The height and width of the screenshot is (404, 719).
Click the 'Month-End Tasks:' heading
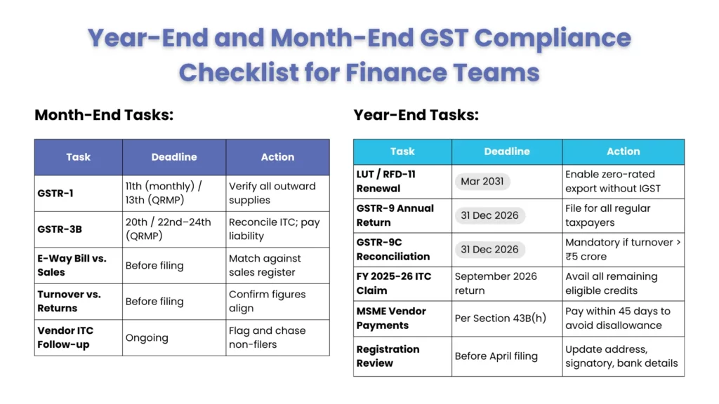pos(104,115)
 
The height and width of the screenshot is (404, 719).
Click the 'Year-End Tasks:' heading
pos(416,115)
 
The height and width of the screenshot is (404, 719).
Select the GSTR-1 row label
pos(55,193)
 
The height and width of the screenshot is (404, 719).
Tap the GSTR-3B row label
pos(60,229)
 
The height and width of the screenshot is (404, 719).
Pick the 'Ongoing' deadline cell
pos(147,337)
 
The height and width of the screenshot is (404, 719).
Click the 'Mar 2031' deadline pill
pos(482,181)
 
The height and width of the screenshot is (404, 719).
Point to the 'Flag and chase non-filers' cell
pos(267,337)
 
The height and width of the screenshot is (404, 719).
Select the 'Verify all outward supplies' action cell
pos(272,193)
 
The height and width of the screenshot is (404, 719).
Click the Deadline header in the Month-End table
pos(174,157)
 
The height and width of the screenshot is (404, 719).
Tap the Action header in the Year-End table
pos(623,151)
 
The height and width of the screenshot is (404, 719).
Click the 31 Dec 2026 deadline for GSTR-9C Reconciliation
pos(489,249)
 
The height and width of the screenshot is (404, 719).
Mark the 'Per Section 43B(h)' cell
pos(501,318)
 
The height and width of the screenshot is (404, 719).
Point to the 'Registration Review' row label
pos(388,356)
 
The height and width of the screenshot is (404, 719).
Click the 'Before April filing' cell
pos(496,356)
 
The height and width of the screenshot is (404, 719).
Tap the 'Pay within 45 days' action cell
pos(617,318)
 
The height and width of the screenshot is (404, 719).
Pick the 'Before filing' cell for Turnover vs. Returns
pos(154,302)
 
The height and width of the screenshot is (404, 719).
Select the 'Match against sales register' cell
pos(265,265)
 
